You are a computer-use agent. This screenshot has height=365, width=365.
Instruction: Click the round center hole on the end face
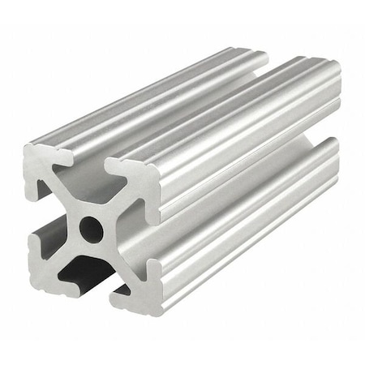[x=91, y=230]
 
